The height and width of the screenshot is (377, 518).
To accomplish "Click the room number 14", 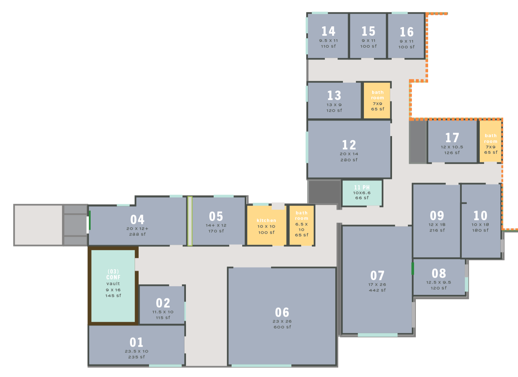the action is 328,31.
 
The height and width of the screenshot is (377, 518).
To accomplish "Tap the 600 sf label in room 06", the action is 282,327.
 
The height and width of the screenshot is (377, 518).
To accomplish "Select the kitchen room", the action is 267,225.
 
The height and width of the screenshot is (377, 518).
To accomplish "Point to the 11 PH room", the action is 362,193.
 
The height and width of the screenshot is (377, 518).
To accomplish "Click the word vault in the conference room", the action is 113,284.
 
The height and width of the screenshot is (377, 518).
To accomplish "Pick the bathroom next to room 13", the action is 377,101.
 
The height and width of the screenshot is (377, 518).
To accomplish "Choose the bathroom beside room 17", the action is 491,141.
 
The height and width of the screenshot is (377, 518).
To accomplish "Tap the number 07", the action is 377,275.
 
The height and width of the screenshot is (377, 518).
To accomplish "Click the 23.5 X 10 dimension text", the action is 136,351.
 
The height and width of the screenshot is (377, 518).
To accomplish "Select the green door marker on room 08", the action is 413,269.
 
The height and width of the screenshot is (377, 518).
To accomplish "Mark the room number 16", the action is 406,32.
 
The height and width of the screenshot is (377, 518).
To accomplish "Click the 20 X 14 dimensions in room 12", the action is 349,154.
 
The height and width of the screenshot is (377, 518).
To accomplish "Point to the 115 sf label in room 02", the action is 163,317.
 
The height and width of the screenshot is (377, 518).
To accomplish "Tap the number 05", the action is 216,216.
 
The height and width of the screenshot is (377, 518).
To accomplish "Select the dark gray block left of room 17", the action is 418,142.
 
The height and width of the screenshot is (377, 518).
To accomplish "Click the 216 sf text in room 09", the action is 437,230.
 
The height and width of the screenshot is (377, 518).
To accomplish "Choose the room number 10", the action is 480,216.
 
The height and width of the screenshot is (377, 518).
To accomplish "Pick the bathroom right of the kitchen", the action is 301,225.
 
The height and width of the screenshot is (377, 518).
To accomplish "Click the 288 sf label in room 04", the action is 138,234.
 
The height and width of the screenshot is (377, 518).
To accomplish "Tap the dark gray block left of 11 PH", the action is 324,192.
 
